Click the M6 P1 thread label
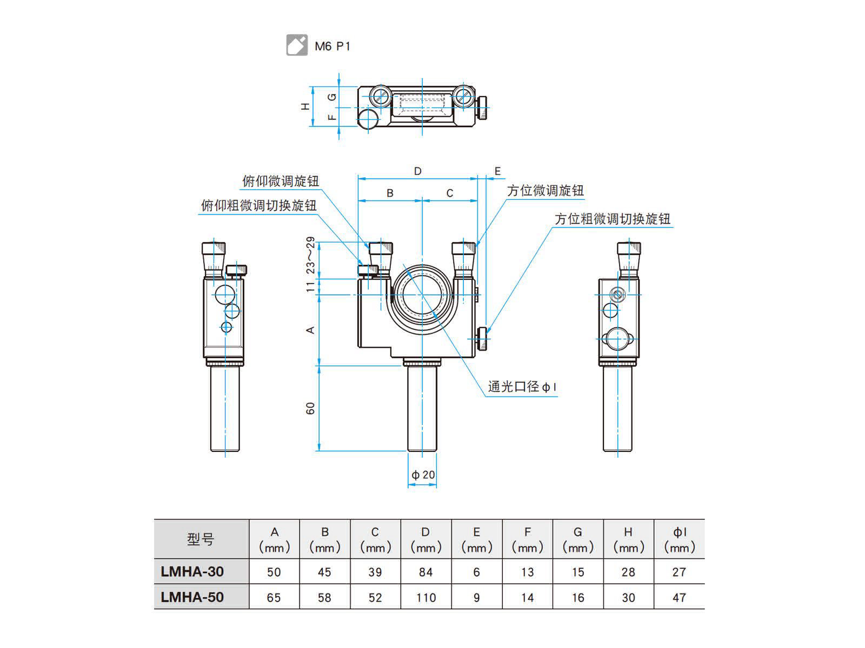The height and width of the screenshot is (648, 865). [332, 46]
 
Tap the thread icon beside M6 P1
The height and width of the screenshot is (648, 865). [297, 45]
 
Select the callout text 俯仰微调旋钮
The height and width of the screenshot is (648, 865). [280, 181]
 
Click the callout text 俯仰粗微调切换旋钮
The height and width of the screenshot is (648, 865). [258, 205]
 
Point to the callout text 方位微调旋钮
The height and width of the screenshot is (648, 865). [545, 191]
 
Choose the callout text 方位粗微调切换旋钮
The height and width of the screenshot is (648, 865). [612, 219]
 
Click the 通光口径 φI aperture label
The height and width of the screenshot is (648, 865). [522, 387]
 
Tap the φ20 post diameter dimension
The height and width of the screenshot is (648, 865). [423, 475]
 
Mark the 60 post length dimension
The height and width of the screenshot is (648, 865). [310, 408]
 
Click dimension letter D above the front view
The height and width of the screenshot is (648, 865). [417, 171]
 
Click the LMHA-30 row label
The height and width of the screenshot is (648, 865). [192, 571]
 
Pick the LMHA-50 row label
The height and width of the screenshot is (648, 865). [192, 597]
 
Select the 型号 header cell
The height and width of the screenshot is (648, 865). [201, 539]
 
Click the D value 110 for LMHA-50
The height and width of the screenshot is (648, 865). [426, 597]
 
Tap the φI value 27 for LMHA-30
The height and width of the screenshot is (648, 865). [679, 572]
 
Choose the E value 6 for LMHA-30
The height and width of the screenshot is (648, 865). [476, 572]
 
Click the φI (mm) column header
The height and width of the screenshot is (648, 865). [679, 539]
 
